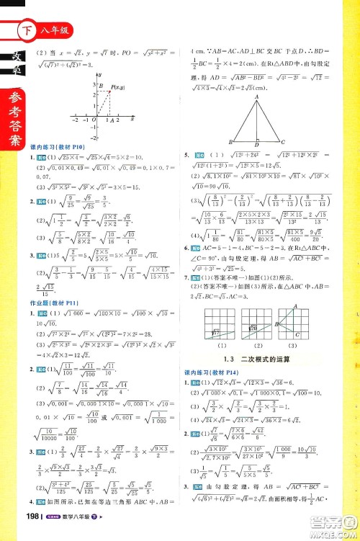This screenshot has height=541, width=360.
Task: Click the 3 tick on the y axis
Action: pos(92,84)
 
